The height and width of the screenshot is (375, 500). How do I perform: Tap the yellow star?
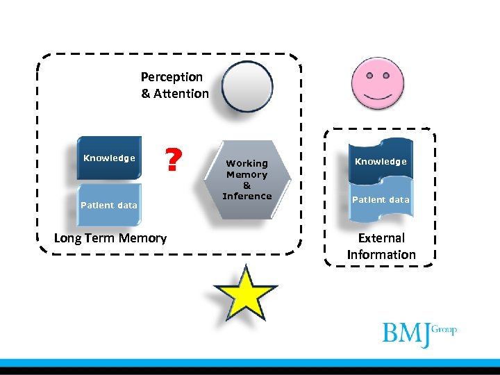coord(246,293)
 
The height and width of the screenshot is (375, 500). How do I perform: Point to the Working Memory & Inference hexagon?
coord(247,180)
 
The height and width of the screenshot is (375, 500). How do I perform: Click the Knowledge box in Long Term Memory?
coord(109,158)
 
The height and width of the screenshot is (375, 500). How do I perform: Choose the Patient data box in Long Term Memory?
coord(109,205)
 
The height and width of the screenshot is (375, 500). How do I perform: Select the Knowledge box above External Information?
coord(381,162)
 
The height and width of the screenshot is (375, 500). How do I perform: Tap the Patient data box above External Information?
coord(381,199)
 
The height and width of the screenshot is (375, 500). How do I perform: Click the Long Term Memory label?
coord(110,238)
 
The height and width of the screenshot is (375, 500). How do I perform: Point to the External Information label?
coord(381,246)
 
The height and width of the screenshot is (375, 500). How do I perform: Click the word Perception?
coord(172,77)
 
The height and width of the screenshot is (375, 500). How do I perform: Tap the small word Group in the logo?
coord(444,328)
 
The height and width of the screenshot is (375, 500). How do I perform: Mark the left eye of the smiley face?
coord(369,74)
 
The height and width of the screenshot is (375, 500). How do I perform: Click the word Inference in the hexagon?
coord(247,197)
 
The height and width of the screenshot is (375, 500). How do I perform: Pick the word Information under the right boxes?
coord(381,254)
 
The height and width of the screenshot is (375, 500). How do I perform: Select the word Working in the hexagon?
coord(247,164)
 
